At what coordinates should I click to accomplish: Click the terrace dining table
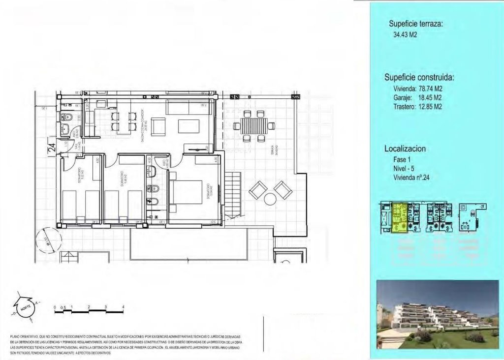click(x=254, y=125)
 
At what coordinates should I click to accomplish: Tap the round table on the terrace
click(x=270, y=199)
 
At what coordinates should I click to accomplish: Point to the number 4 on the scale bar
click(x=123, y=307)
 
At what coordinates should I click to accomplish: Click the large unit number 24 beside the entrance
click(x=52, y=148)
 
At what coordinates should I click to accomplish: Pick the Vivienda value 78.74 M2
click(x=432, y=89)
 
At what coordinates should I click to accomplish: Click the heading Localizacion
click(x=405, y=149)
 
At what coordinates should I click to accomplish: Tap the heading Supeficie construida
click(x=419, y=78)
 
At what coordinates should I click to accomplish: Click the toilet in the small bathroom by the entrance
click(x=69, y=117)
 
